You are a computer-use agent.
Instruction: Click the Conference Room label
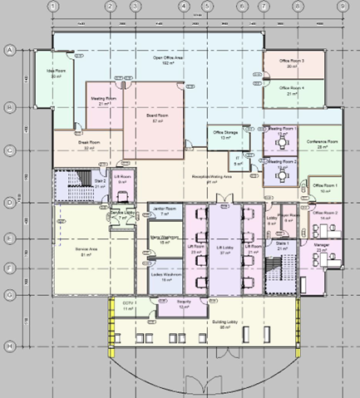(320, 143)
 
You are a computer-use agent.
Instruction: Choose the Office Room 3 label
(291, 62)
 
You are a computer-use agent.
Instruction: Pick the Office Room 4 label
(291, 89)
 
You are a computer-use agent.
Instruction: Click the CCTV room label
(128, 305)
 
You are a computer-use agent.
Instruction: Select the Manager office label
(322, 248)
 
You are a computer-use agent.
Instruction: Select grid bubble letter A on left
(10, 51)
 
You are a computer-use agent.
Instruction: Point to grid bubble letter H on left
(10, 346)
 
